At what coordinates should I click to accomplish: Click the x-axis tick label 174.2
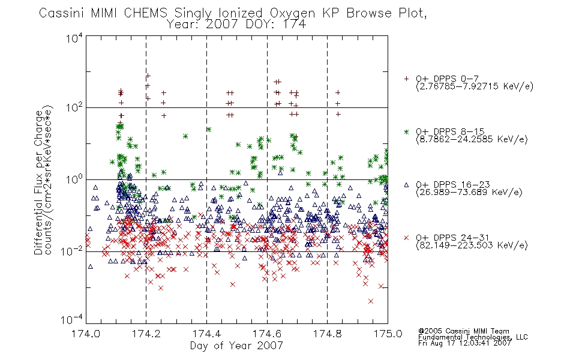[x=146, y=334]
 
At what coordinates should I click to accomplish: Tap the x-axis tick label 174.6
[x=267, y=334]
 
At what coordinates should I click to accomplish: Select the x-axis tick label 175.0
[x=388, y=334]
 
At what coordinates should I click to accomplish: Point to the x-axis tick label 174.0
[x=86, y=334]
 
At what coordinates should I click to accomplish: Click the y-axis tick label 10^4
[x=74, y=38]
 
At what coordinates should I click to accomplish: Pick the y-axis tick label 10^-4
[x=72, y=320]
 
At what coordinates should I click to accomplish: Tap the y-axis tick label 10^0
[x=74, y=179]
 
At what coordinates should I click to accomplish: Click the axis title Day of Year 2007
[x=236, y=346]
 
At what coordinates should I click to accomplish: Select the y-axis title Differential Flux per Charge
[x=38, y=182]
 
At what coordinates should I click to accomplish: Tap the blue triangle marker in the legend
[x=406, y=185]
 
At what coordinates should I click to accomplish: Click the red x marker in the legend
[x=406, y=238]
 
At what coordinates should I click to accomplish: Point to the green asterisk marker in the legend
[x=406, y=131]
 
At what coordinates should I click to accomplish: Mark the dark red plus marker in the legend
[x=406, y=79]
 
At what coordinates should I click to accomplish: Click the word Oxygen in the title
[x=292, y=13]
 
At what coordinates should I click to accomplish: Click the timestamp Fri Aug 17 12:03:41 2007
[x=464, y=343]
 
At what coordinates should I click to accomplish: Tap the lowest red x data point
[x=370, y=301]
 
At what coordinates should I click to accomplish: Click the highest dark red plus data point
[x=148, y=76]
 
